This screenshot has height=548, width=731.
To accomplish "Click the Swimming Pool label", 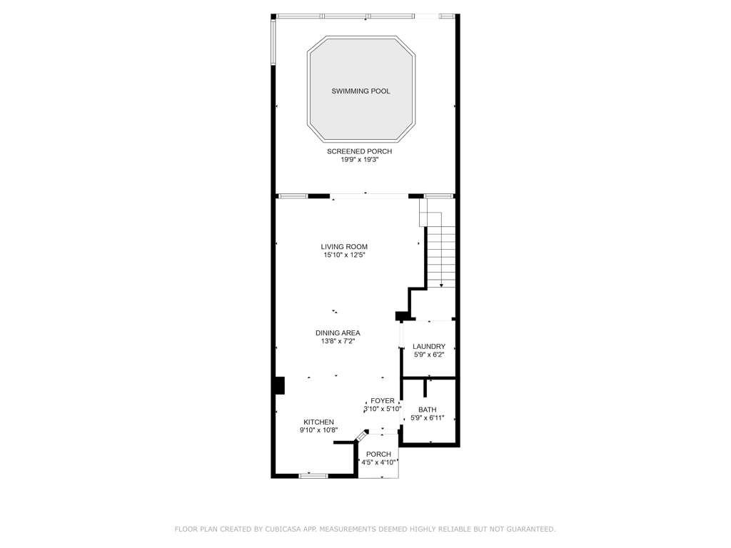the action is pos(361,91).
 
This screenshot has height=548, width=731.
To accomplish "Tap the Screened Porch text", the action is pos(360,151).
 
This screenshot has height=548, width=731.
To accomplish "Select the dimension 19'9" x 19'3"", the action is pos(360,160).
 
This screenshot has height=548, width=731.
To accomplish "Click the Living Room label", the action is pos(344,247).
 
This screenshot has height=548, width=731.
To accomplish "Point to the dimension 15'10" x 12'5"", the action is pos(344,255).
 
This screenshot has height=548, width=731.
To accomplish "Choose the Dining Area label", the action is pos(338,333).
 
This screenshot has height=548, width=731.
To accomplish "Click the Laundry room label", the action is pos(429,347).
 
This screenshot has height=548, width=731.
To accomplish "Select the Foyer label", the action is pos(383,401).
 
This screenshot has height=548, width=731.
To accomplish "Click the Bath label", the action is pos(428,410).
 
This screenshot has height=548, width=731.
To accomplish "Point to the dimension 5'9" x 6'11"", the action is pos(428,418).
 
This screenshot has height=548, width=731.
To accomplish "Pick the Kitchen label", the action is pos(319,422).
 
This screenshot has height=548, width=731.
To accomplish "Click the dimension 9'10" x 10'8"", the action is pos(319,430).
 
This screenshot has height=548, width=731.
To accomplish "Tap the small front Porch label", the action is pos(378,455).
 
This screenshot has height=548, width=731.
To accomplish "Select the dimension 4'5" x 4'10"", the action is pos(379,462).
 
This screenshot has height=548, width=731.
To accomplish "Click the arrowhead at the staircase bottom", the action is pos(441,285).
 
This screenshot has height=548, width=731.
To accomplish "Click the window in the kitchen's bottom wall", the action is pos(313,476).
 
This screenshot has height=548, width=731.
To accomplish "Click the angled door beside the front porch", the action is pos(362,436).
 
